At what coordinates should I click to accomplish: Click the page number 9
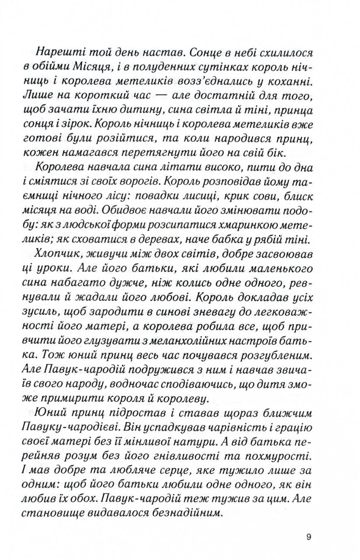(x=309, y=538)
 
